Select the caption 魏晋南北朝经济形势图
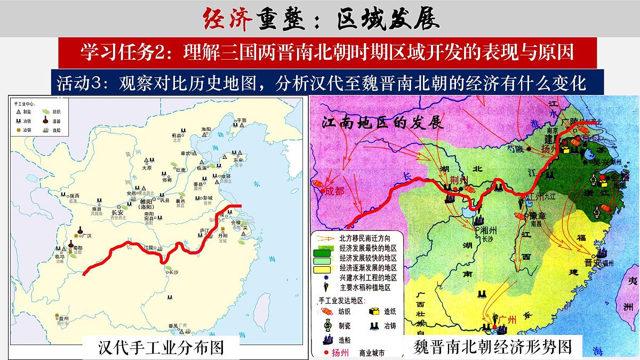[493, 347]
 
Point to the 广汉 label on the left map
[86, 235]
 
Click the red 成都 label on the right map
[335, 190]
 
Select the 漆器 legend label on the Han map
[57, 121]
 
